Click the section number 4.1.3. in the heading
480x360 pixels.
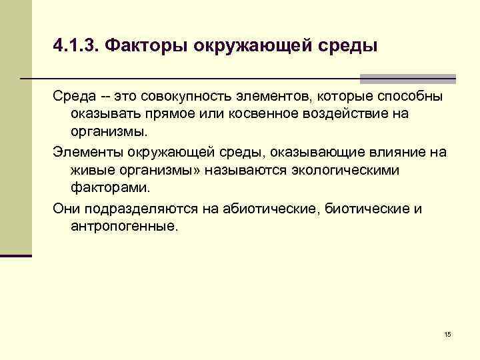pyautogui.click(x=75, y=46)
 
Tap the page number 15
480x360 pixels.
pyautogui.click(x=447, y=333)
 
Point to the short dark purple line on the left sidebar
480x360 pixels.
pyautogui.click(x=16, y=255)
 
